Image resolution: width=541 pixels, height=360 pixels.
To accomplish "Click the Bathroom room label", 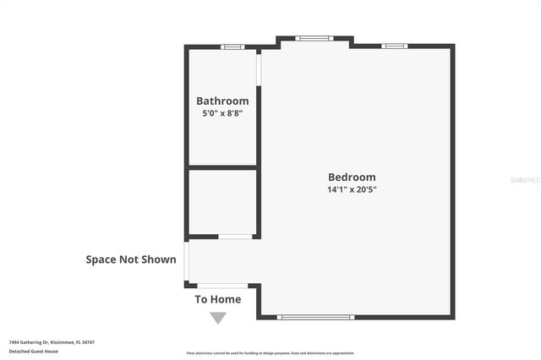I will [222, 101].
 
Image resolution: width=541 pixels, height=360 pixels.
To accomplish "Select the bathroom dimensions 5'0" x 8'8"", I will [222, 113].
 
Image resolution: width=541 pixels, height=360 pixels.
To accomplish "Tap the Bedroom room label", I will [352, 177].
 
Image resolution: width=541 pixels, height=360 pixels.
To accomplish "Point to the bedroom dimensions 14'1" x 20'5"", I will [352, 189].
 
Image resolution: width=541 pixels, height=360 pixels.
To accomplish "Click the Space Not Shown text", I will [131, 259].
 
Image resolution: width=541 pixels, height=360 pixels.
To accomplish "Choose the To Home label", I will [218, 299].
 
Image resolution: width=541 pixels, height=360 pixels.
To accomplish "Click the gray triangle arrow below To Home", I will [218, 318].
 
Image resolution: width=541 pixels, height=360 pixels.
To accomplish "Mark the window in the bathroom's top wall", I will [232, 46].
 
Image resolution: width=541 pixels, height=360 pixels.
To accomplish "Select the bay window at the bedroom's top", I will [314, 38].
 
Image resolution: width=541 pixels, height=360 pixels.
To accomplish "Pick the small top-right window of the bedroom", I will [394, 46].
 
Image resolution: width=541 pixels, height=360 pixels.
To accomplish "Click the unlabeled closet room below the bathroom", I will [221, 201].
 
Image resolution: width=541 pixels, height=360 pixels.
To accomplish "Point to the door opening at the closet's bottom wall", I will [236, 237].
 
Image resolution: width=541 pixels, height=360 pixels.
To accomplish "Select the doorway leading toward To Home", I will [222, 286].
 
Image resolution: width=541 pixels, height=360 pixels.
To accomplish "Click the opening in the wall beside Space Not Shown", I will [187, 261].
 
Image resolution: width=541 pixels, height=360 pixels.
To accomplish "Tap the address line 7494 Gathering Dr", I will [52, 342].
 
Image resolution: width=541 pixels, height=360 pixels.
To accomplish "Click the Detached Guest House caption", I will [34, 351].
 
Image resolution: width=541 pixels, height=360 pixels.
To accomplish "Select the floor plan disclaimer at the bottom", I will [270, 352].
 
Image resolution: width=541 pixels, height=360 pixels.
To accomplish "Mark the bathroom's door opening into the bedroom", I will [259, 69].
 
